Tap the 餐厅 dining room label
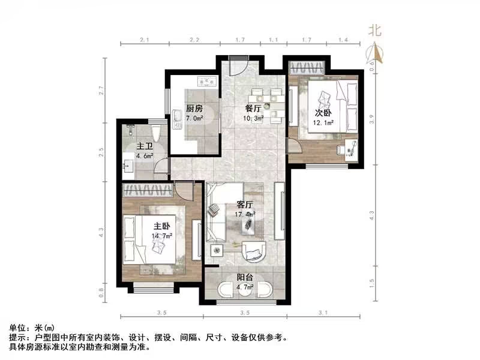[x=253, y=109]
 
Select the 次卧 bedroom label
[x=323, y=113]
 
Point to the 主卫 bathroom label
[x=144, y=146]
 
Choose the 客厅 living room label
[x=246, y=204]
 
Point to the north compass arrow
[x=376, y=54]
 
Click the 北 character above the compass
[x=375, y=31]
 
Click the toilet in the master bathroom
[x=156, y=132]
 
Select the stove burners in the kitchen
[x=207, y=82]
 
